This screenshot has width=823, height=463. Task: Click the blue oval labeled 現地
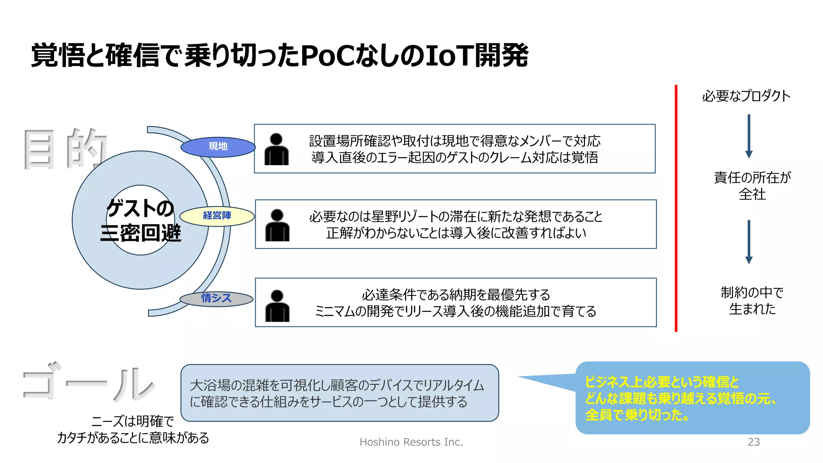tap(218, 147)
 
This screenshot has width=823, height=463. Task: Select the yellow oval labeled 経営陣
tap(217, 216)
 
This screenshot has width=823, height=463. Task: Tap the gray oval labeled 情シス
tap(216, 299)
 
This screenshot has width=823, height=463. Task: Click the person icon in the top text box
tap(276, 150)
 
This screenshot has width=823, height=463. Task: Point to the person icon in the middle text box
tap(277, 225)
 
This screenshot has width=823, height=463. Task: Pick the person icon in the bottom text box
tap(277, 306)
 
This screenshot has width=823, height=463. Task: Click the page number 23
tap(753, 442)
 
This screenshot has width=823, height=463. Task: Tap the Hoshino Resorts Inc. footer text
tap(411, 442)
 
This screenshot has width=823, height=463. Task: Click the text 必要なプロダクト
tap(746, 96)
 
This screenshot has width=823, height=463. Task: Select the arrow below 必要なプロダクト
tap(749, 136)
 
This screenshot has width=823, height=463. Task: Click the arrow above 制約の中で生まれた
tap(749, 242)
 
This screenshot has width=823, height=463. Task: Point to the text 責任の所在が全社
tap(752, 186)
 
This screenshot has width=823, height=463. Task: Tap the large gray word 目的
tap(64, 149)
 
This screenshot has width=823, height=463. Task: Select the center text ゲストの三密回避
tap(140, 221)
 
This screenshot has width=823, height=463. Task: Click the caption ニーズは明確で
tap(133, 421)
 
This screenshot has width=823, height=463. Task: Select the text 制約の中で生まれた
tap(752, 301)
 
